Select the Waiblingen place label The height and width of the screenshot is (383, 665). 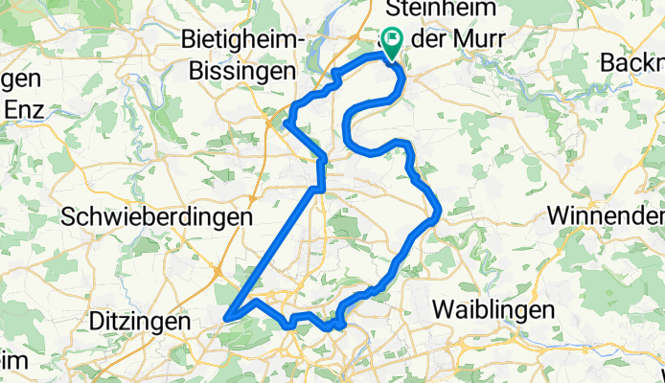[x=493, y=309]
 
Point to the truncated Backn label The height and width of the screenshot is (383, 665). [x=632, y=62]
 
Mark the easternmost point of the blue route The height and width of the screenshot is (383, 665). [x=439, y=214]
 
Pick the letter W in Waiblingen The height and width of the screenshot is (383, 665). [x=442, y=309]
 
